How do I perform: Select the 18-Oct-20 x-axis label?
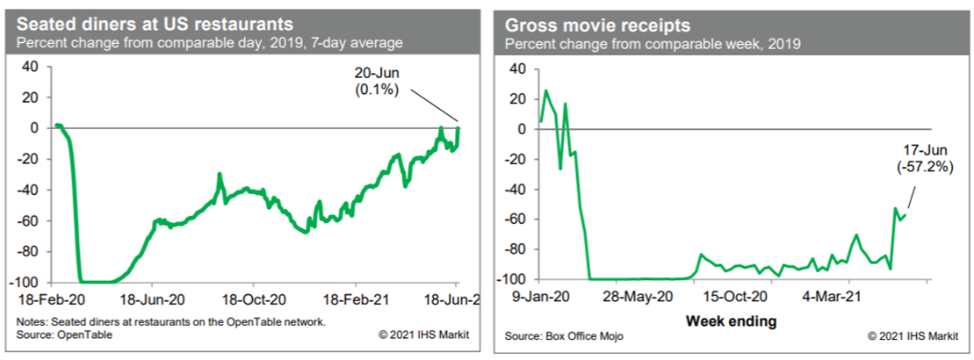click(254, 298)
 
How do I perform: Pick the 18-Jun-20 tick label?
click(152, 298)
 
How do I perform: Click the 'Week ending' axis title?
click(731, 320)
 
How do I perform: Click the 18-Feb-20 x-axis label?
click(50, 298)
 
